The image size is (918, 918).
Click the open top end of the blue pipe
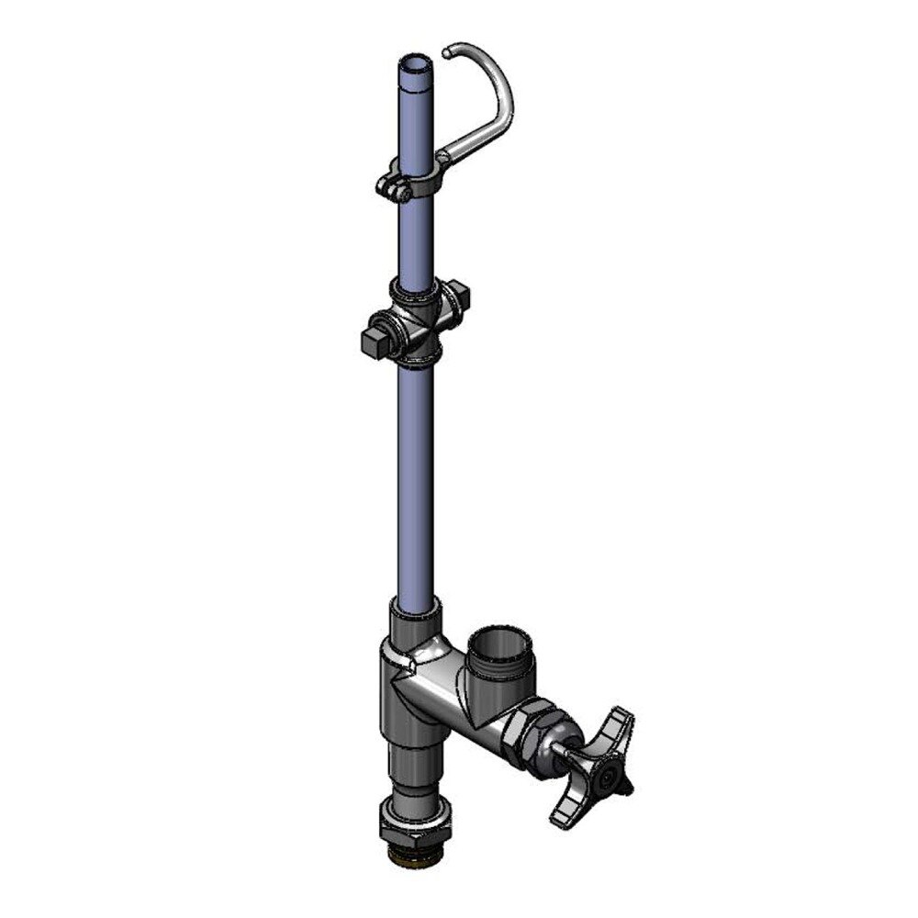[413, 66]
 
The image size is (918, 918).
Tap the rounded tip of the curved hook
[446, 54]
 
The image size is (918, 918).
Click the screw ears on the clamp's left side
[390, 189]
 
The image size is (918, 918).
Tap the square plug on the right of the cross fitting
[458, 299]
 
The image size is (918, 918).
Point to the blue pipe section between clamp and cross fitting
[413, 239]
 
